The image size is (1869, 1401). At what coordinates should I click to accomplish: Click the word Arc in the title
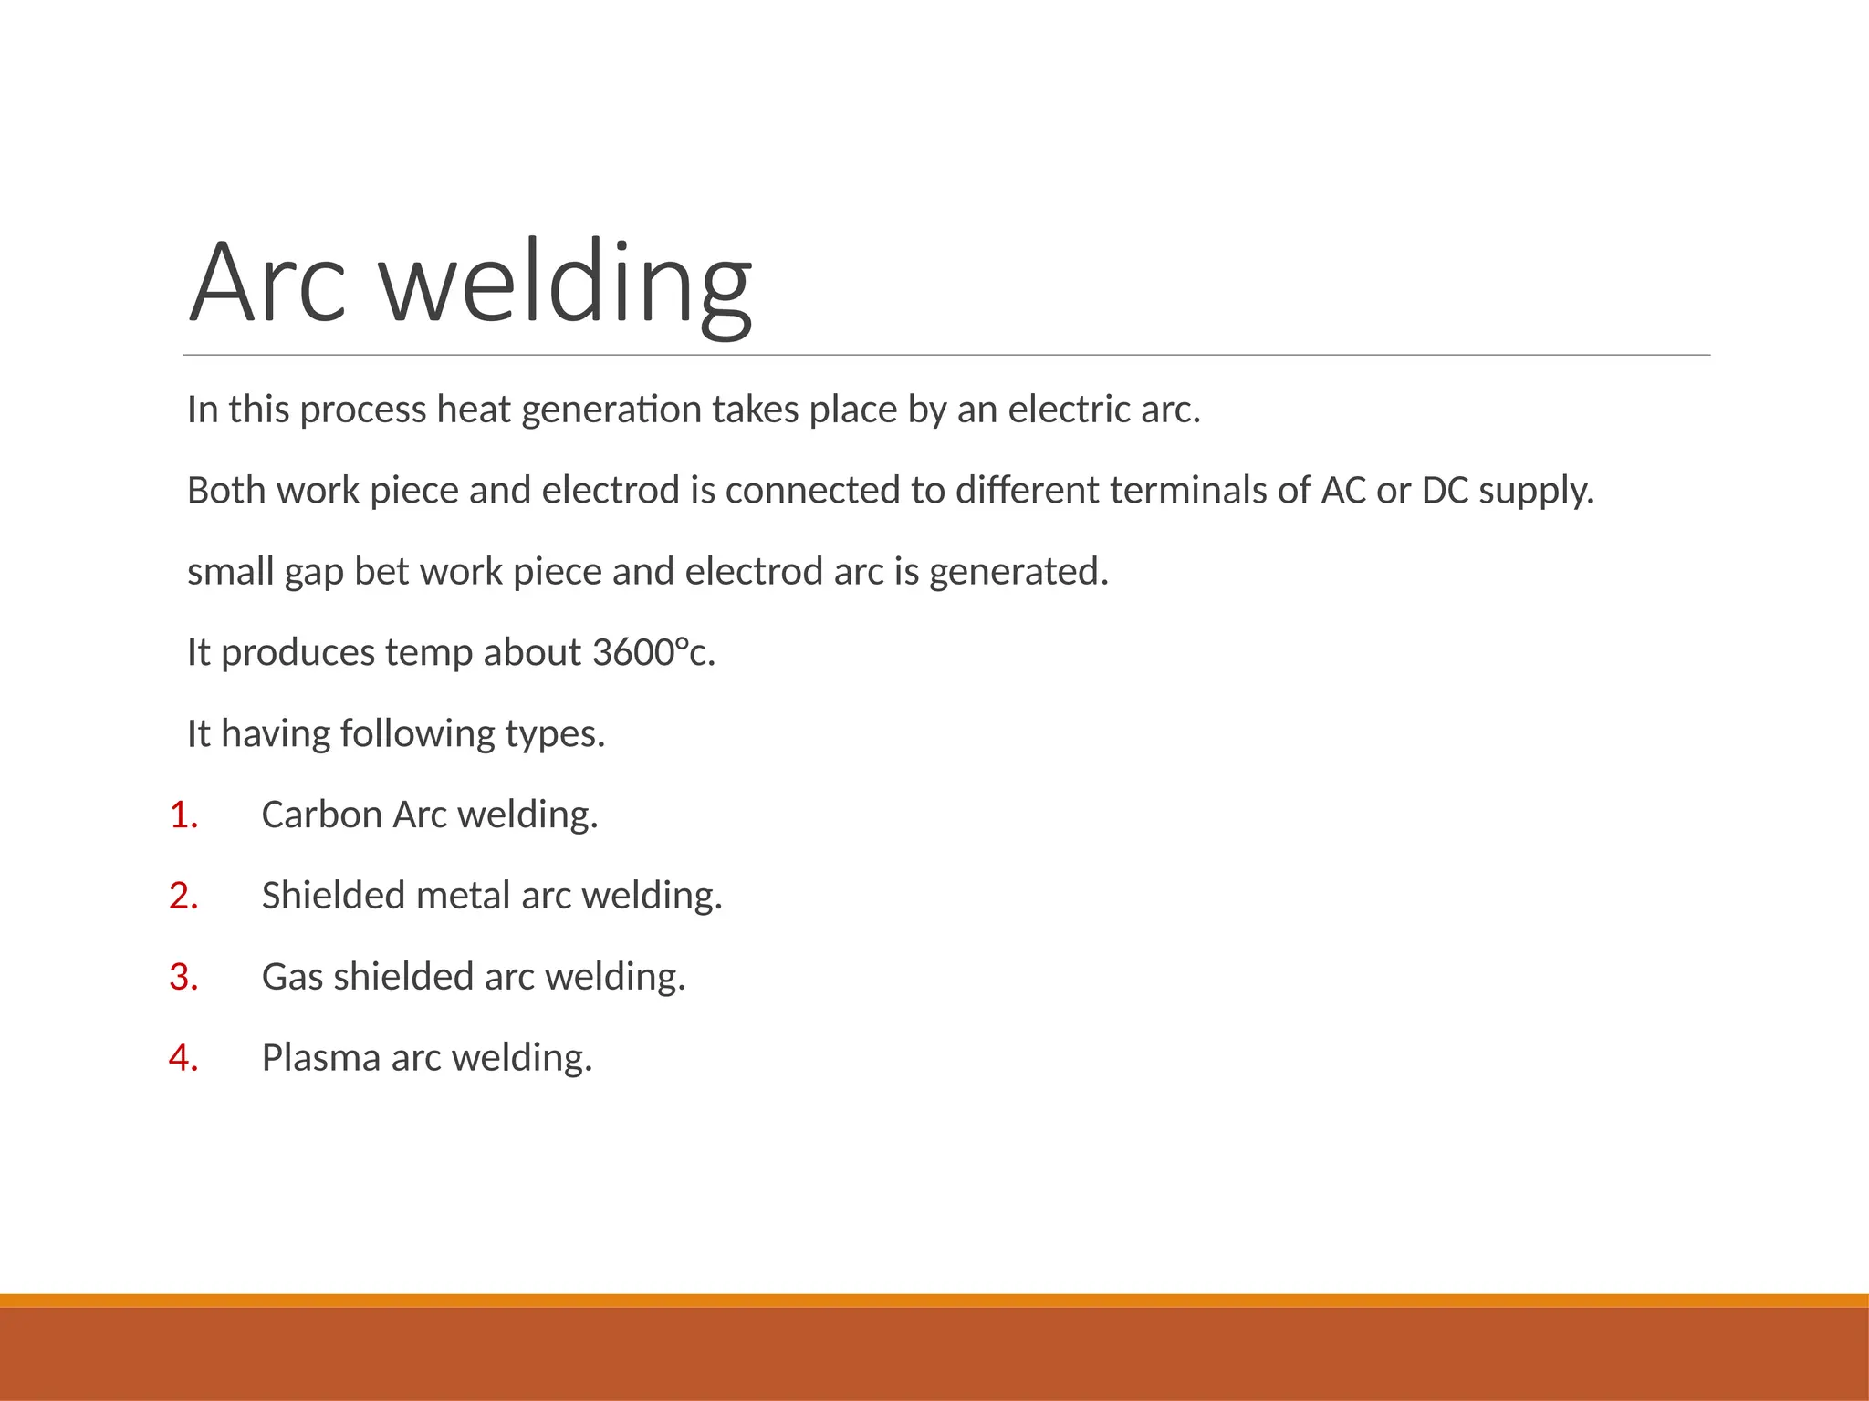pyautogui.click(x=267, y=282)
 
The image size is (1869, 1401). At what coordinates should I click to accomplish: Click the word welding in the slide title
pyautogui.click(x=566, y=282)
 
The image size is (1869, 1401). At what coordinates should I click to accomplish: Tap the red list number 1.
pyautogui.click(x=183, y=815)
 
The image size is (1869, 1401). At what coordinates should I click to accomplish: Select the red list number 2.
pyautogui.click(x=183, y=896)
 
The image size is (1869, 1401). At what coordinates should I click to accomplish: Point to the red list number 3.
pyautogui.click(x=183, y=977)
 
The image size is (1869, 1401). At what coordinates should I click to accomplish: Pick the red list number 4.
pyautogui.click(x=183, y=1058)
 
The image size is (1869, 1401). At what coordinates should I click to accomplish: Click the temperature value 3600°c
pyautogui.click(x=653, y=653)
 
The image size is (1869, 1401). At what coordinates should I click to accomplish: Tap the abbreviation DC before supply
pyautogui.click(x=1445, y=491)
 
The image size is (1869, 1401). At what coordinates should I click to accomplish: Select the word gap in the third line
pyautogui.click(x=314, y=573)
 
